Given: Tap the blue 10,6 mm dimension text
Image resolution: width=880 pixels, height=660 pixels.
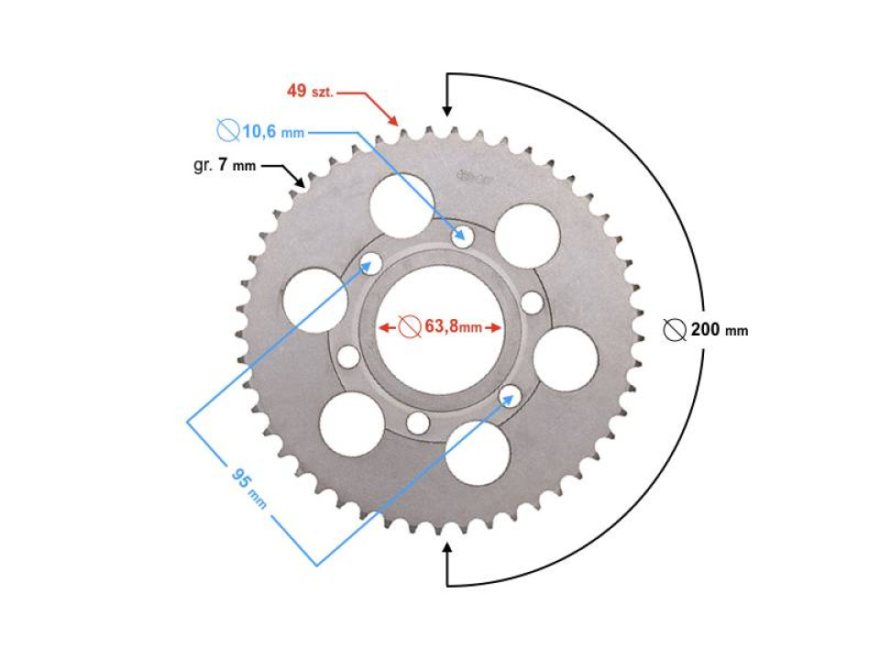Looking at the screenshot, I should click(x=272, y=132).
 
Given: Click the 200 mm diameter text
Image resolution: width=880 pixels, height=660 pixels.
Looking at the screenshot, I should click(x=719, y=330).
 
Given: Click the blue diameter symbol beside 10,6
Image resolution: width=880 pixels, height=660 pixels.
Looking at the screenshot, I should click(x=227, y=131).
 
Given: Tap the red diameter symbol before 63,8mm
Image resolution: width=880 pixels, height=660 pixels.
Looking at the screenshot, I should click(x=411, y=327).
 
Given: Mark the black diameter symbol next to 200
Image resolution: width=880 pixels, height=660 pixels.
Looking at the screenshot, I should click(x=675, y=330).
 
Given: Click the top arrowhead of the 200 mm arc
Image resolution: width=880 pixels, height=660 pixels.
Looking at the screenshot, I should click(x=447, y=109).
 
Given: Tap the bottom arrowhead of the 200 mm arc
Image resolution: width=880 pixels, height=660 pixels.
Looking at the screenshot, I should click(x=447, y=549).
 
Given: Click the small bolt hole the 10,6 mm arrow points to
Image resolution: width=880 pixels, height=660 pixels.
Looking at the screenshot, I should click(x=462, y=236).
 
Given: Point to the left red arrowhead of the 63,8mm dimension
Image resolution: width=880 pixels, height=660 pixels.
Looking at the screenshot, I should click(x=385, y=327).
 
